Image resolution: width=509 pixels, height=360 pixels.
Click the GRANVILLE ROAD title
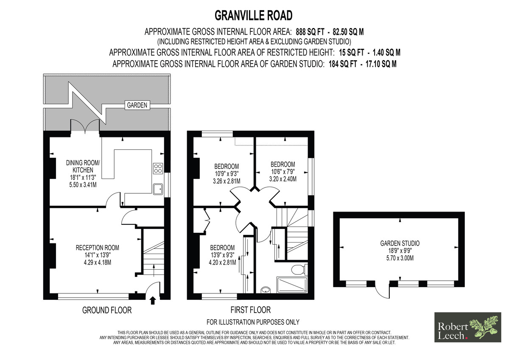pos(254,16)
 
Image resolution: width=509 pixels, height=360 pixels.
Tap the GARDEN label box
pos(137,105)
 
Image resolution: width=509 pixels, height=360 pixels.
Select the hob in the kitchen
pos(158,168)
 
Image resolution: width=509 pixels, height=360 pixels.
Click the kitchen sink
pos(158,189)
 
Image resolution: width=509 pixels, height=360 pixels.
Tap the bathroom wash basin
pos(266,290)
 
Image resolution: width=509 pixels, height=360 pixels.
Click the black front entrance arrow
pos(153,300)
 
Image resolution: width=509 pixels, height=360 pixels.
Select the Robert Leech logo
pos(467,327)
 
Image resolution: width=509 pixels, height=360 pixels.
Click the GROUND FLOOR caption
pos(107,310)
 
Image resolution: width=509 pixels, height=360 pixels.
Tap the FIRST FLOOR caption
pos(251,310)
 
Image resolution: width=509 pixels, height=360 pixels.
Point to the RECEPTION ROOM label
pos(98,248)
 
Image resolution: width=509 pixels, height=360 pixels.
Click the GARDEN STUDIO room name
pos(400,243)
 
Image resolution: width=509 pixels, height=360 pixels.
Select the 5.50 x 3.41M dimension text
pos(83,185)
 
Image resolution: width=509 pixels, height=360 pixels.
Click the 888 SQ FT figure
pos(310,32)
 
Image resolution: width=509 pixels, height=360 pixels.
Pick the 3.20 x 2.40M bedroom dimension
pos(283,179)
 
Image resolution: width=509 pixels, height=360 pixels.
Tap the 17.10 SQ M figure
pos(381,64)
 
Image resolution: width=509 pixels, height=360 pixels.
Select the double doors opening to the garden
pos(85,126)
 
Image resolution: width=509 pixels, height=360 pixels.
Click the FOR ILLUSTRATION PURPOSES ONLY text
pos(253,322)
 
